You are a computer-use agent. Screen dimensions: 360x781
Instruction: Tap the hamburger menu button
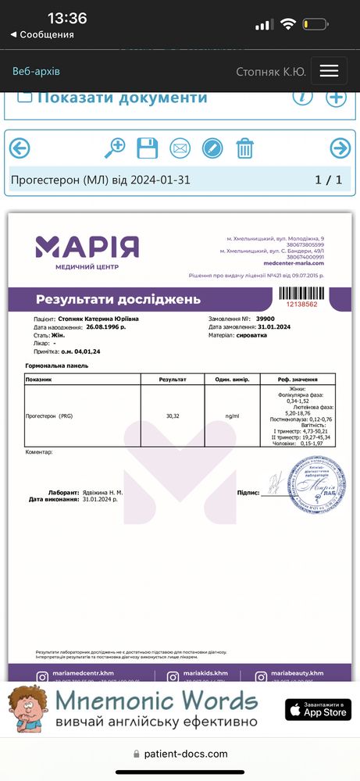pyautogui.click(x=329, y=70)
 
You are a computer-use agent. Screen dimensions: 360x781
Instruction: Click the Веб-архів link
pyautogui.click(x=36, y=71)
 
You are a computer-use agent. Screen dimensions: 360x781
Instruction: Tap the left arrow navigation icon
pyautogui.click(x=20, y=148)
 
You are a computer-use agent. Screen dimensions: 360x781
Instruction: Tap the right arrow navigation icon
pyautogui.click(x=340, y=148)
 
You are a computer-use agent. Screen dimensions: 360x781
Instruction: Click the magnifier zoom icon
pyautogui.click(x=115, y=148)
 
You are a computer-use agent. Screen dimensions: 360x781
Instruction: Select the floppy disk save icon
pyautogui.click(x=148, y=148)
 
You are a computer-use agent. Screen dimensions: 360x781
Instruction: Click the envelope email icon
pyautogui.click(x=180, y=148)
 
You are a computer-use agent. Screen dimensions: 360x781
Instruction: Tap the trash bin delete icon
pyautogui.click(x=245, y=148)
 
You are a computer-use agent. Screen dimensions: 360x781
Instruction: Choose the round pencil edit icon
pyautogui.click(x=212, y=148)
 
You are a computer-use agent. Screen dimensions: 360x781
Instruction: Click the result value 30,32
pyautogui.click(x=173, y=415)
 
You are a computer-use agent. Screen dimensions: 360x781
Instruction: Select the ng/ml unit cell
pyautogui.click(x=232, y=415)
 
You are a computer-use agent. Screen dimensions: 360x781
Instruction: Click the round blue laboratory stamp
pyautogui.click(x=316, y=484)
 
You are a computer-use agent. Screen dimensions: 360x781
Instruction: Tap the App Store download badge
pyautogui.click(x=318, y=709)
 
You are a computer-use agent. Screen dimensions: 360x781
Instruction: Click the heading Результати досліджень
pyautogui.click(x=118, y=299)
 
